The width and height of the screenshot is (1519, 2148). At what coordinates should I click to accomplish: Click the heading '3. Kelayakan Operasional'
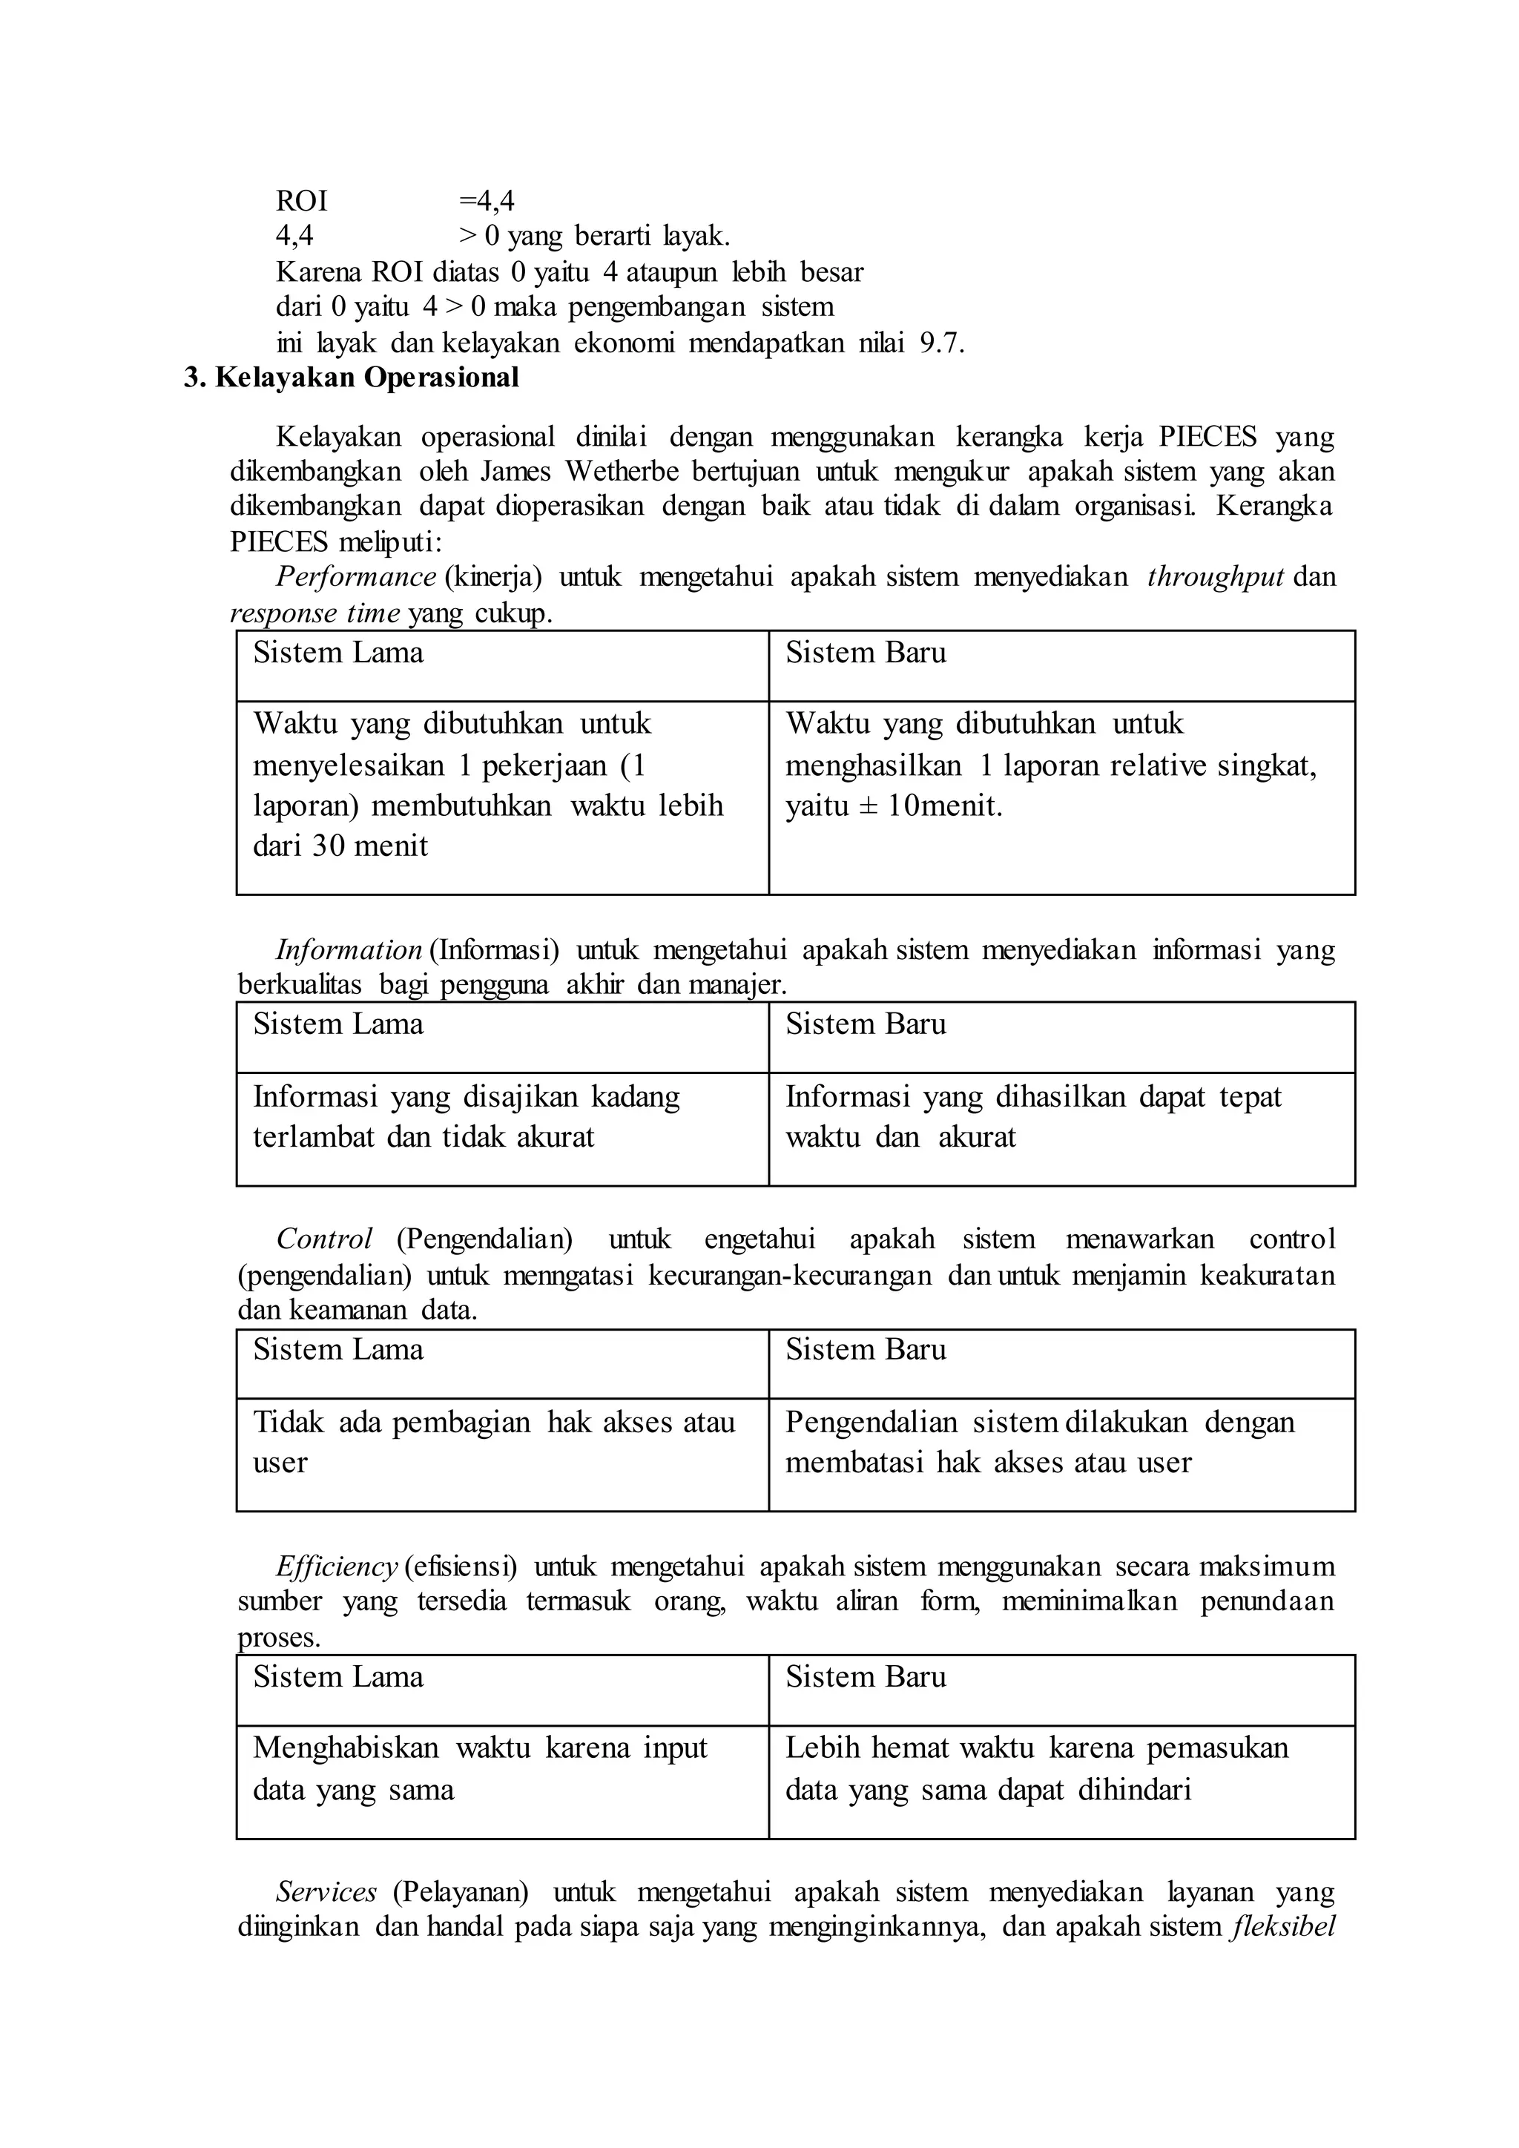tap(352, 378)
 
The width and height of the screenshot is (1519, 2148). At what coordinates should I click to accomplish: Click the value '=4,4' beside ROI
tap(487, 201)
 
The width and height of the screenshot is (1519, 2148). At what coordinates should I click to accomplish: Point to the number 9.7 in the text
tap(939, 344)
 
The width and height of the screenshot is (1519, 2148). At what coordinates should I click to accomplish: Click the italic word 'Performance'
tap(355, 577)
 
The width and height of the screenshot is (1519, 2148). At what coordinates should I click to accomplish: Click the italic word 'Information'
tap(348, 951)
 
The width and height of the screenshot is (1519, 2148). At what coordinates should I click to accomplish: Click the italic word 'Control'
tap(323, 1239)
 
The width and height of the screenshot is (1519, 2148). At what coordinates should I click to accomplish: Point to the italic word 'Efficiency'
tap(337, 1567)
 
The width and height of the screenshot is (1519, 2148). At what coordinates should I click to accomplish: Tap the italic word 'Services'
tap(326, 1893)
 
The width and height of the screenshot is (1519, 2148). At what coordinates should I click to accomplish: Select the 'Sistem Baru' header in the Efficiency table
tap(866, 1678)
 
